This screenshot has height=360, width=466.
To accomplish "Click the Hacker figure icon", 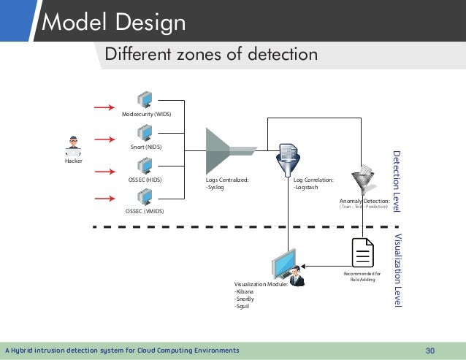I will pyautogui.click(x=73, y=146).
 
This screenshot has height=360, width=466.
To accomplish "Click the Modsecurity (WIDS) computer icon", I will pyautogui.click(x=145, y=101).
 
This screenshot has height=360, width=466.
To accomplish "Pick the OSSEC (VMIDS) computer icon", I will pyautogui.click(x=145, y=197).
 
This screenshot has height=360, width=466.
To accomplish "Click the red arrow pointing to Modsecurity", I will pyautogui.click(x=107, y=107).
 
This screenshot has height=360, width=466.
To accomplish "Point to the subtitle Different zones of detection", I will pyautogui.click(x=212, y=54).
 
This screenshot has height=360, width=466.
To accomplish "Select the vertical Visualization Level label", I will pyautogui.click(x=397, y=269).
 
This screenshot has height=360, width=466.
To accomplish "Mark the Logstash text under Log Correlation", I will pyautogui.click(x=307, y=186).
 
